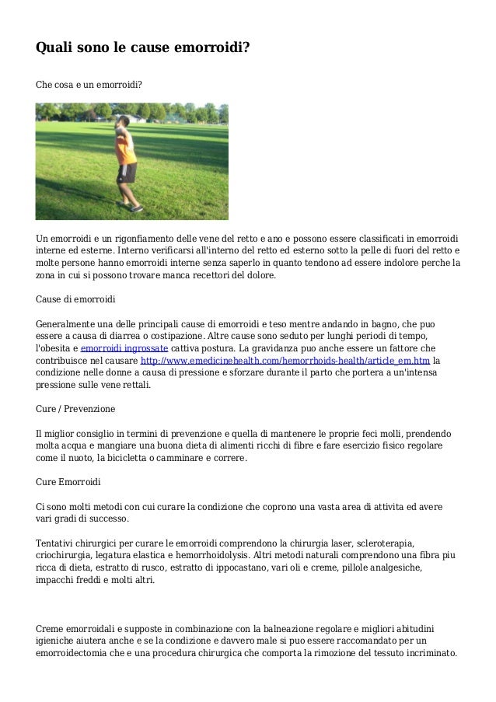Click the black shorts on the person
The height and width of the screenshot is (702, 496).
tap(127, 173)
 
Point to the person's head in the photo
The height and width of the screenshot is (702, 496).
tap(124, 123)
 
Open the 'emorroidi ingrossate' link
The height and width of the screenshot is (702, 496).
tap(124, 348)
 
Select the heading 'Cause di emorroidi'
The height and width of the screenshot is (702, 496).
tap(75, 299)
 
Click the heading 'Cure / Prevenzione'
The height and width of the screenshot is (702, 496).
tap(75, 409)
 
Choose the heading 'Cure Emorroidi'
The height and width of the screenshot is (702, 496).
tap(68, 482)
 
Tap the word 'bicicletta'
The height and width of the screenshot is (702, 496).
tap(138, 458)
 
